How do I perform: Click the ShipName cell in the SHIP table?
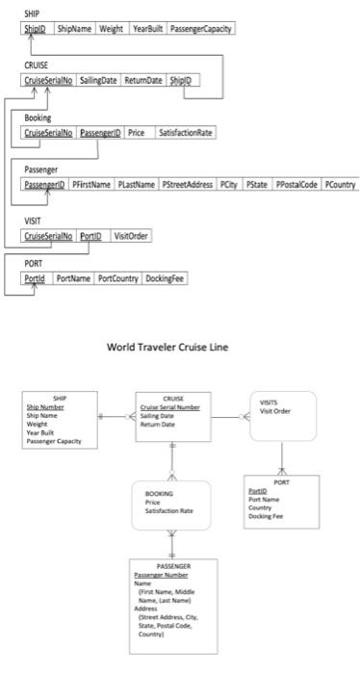(75, 29)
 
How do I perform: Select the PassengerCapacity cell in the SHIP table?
(201, 29)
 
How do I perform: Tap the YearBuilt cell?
(147, 29)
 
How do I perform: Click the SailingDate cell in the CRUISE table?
(98, 80)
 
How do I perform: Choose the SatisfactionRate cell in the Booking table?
(185, 132)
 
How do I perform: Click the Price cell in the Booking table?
(138, 132)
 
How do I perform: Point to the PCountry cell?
(340, 183)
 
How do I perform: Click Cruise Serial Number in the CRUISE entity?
(170, 407)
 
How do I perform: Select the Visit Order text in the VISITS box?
(275, 411)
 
